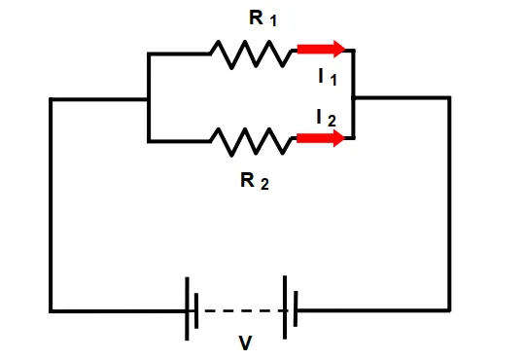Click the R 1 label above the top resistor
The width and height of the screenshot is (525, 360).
tap(262, 18)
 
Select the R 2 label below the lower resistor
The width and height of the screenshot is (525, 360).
tap(255, 181)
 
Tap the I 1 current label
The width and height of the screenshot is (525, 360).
tap(328, 77)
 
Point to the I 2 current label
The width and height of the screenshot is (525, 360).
tap(326, 118)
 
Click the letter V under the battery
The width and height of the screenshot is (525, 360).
tap(245, 342)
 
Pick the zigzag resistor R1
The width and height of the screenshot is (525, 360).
tap(251, 54)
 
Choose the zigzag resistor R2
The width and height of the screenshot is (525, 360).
tap(251, 141)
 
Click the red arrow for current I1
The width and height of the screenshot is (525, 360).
tap(321, 49)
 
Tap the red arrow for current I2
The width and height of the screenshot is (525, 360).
tap(321, 138)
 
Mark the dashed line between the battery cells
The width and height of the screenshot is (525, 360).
tap(242, 310)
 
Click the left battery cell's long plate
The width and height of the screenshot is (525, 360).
tap(187, 308)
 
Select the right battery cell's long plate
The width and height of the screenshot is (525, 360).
tap(285, 307)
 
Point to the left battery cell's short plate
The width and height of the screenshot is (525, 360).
tap(196, 310)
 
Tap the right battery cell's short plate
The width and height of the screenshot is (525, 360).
tap(296, 308)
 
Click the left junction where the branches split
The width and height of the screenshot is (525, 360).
tap(149, 99)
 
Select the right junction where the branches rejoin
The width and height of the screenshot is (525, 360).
tap(354, 97)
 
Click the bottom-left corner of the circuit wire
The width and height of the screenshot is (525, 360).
tap(51, 311)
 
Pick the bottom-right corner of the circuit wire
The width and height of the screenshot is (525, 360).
tap(449, 310)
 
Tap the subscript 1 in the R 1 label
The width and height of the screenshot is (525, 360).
tap(273, 21)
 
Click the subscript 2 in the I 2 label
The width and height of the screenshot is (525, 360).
tap(332, 121)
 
